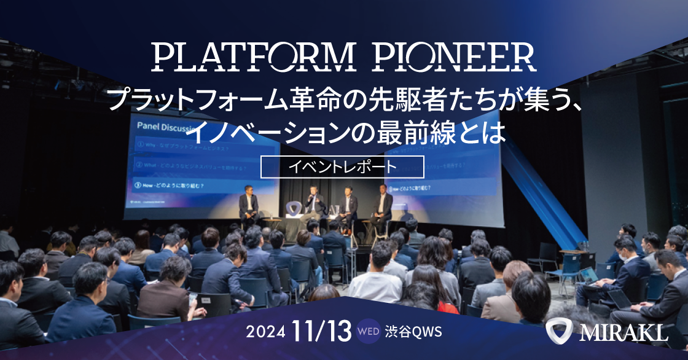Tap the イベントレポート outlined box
(342, 166)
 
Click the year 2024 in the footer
(265, 332)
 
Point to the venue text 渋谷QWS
(413, 332)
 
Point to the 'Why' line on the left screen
(178, 146)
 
